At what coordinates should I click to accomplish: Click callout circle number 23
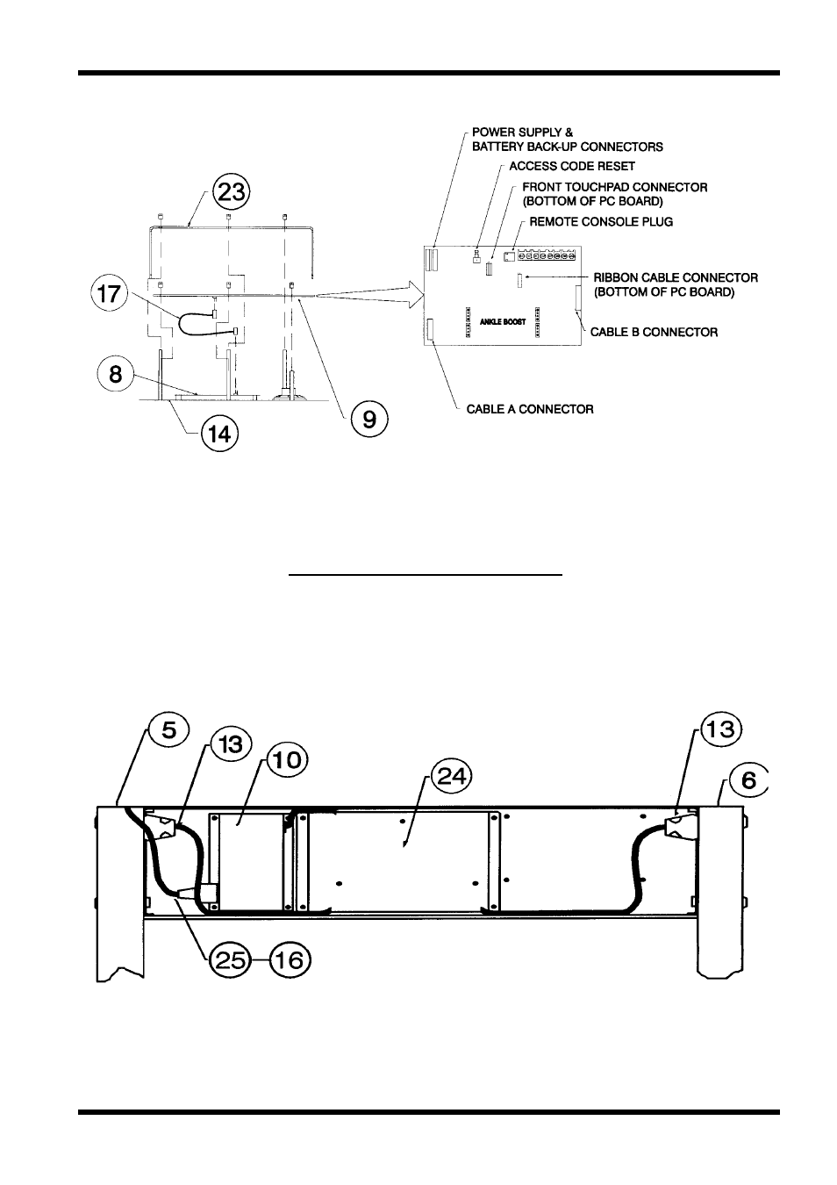click(232, 192)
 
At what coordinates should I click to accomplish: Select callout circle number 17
click(110, 293)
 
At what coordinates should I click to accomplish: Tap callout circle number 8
click(115, 374)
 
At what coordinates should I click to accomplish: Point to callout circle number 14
click(219, 434)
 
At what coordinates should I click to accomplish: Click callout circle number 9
click(369, 420)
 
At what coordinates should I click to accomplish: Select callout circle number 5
click(168, 730)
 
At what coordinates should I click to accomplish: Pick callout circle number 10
click(288, 760)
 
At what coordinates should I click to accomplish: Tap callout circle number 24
click(451, 777)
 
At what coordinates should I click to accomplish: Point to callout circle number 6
click(748, 780)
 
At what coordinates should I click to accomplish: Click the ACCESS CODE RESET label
click(571, 166)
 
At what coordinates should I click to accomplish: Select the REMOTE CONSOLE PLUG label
click(601, 222)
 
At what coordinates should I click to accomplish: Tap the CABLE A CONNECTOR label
click(530, 409)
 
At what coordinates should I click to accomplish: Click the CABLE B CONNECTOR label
click(654, 332)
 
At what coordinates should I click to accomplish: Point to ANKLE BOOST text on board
click(503, 321)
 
